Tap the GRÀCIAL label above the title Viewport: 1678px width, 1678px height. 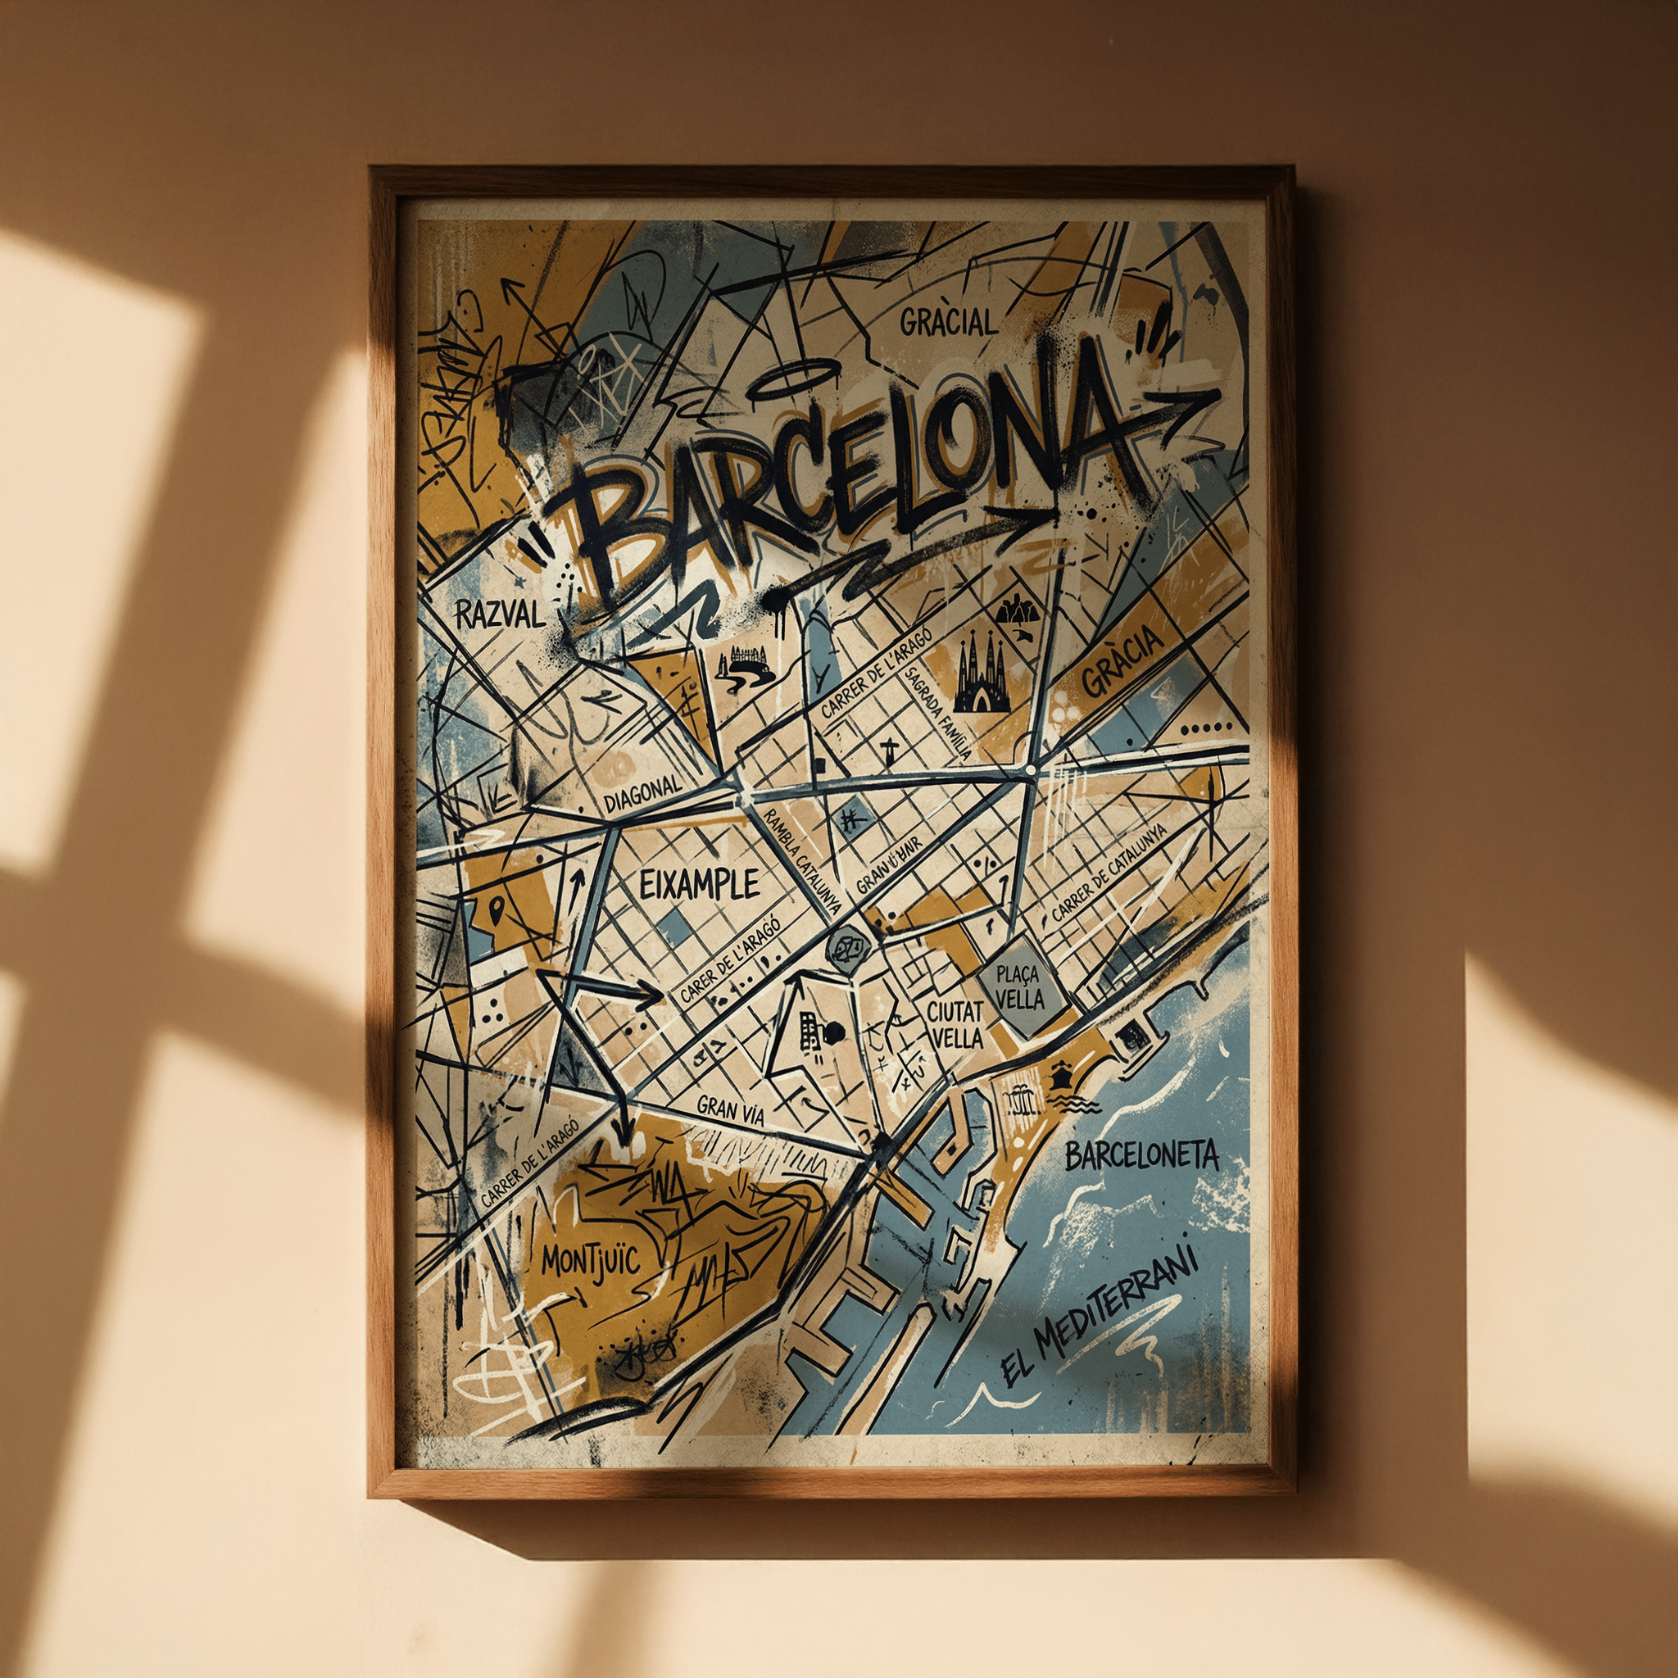pyautogui.click(x=949, y=323)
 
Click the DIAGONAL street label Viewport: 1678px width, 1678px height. pyautogui.click(x=643, y=793)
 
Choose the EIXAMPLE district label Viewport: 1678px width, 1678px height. pyautogui.click(x=699, y=885)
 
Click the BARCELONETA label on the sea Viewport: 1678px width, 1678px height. pyautogui.click(x=1142, y=1156)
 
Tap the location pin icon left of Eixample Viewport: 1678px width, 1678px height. pyautogui.click(x=496, y=910)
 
